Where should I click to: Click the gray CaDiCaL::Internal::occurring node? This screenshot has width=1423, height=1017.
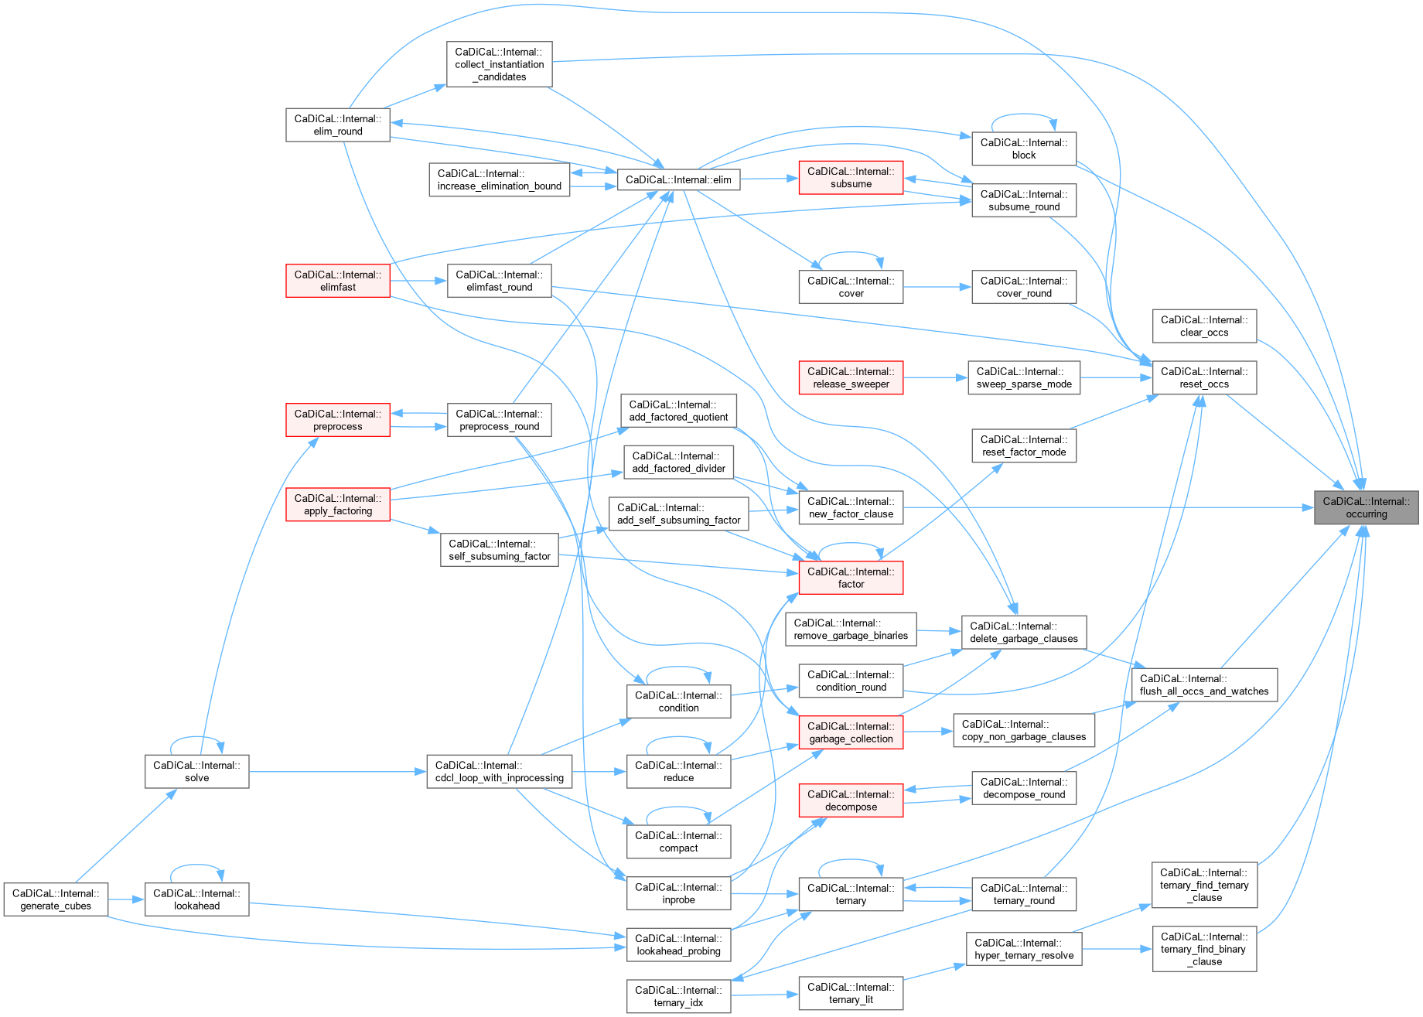(x=1366, y=507)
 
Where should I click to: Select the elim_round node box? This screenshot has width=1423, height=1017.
(x=338, y=125)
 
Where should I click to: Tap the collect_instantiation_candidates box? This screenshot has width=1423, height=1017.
(x=500, y=64)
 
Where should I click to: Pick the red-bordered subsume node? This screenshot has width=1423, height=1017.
(x=851, y=178)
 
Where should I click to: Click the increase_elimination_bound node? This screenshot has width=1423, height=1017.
(x=499, y=179)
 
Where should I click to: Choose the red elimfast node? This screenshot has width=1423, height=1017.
(x=338, y=281)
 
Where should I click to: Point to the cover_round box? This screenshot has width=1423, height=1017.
(x=1024, y=287)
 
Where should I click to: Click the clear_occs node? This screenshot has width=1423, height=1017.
(x=1204, y=326)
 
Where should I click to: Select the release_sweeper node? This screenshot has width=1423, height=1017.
(x=851, y=377)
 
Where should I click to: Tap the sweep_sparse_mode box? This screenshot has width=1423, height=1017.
(x=1024, y=377)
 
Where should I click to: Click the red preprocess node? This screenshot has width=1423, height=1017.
(x=338, y=420)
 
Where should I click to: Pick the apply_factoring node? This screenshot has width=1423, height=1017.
(x=338, y=504)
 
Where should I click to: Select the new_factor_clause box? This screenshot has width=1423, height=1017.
(x=851, y=507)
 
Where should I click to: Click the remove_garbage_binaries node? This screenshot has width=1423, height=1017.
(x=851, y=630)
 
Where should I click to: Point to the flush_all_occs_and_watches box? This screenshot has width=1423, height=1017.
(x=1204, y=685)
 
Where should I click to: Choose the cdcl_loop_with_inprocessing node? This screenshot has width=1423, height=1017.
(x=499, y=772)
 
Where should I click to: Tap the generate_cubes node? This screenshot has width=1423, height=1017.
(x=56, y=899)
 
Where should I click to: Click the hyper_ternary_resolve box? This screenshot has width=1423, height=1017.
(x=1024, y=949)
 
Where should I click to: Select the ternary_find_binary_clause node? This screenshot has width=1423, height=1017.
(x=1204, y=949)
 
